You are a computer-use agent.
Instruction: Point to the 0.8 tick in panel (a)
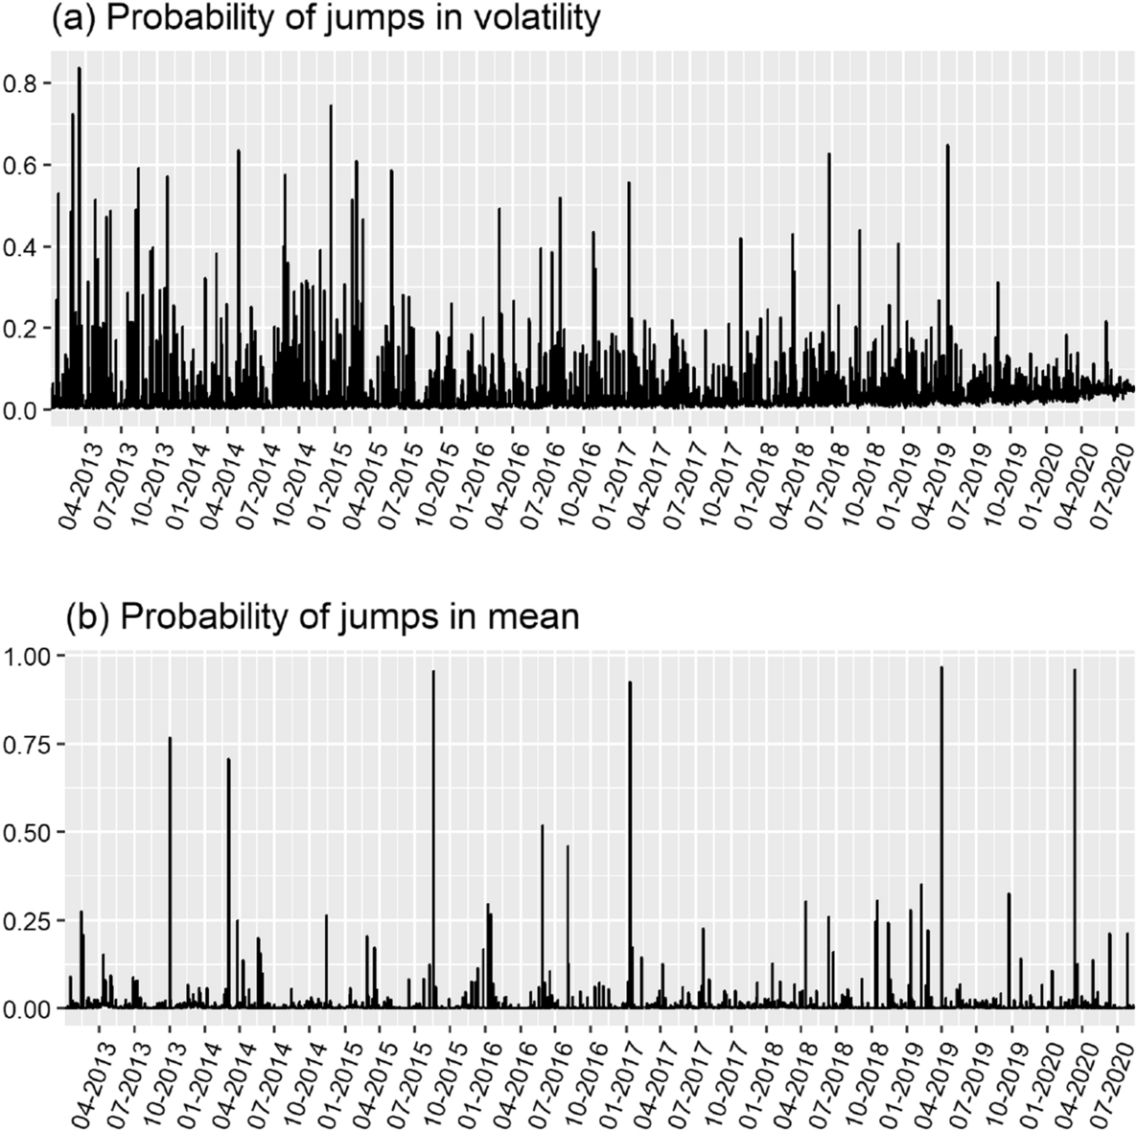[x=24, y=84]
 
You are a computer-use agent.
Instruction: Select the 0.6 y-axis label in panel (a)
[x=24, y=166]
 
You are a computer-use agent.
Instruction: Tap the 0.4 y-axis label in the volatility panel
[x=24, y=247]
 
